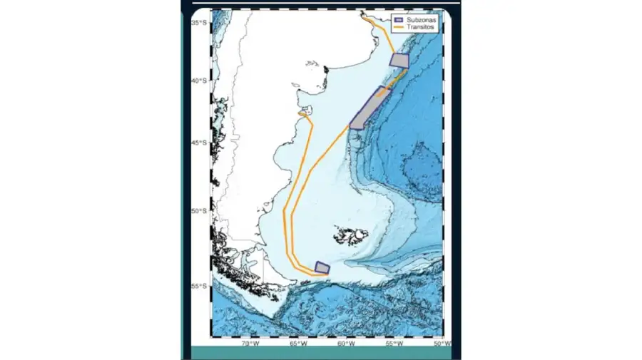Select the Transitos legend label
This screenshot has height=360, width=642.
pos(420,26)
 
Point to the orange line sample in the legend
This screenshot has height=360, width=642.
pos(399,26)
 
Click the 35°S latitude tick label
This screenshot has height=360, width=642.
pos(199,23)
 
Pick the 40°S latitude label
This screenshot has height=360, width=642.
pos(199,81)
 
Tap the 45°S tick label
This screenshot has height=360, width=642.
pos(199,143)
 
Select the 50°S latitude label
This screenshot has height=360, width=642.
pos(199,211)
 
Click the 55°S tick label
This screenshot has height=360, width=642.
pos(199,287)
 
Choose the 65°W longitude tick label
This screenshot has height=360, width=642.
pos(298,344)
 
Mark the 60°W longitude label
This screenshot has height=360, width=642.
pos(347,344)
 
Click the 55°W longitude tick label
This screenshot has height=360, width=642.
pos(394,344)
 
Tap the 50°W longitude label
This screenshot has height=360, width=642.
pos(442,344)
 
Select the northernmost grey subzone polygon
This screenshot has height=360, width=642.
pos(399,60)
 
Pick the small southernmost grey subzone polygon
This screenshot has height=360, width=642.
pos(322,267)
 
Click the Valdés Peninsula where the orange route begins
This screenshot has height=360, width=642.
pos(304,113)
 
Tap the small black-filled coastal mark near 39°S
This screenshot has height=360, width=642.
pos(326,70)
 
